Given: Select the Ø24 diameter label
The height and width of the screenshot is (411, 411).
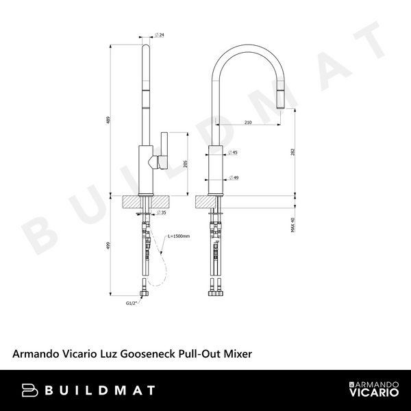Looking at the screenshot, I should tap(159, 35).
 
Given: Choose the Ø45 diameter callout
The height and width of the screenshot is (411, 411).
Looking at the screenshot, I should tap(233, 153).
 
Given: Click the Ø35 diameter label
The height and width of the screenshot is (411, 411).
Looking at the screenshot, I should tap(160, 213).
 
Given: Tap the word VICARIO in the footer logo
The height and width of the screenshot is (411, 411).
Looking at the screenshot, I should tap(370, 396).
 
